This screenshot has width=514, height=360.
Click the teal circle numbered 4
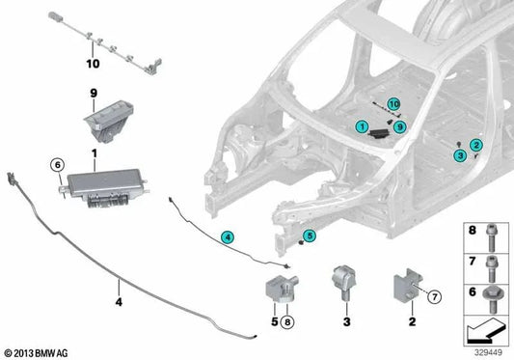226,235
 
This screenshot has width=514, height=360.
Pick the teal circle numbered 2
474,145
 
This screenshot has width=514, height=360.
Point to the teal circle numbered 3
462,154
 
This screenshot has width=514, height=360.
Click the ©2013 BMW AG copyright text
37,353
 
